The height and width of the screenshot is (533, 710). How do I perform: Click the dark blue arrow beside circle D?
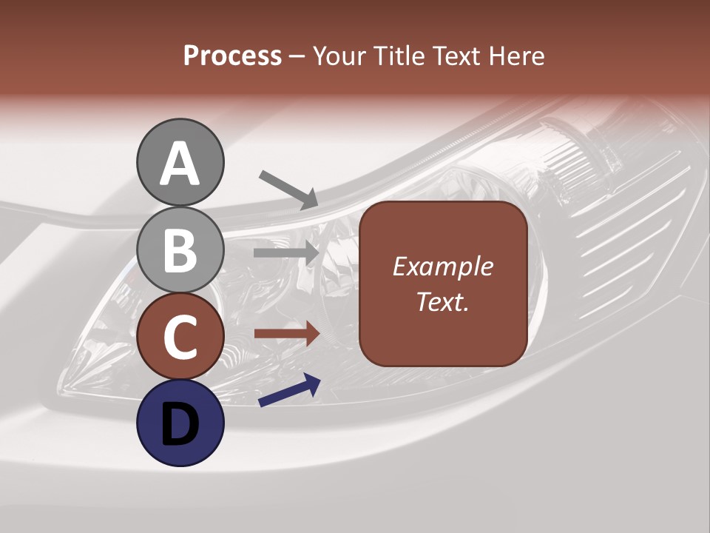(x=289, y=391)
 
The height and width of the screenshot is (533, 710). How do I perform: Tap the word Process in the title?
(x=232, y=56)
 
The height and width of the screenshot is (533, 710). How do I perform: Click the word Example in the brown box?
(x=442, y=267)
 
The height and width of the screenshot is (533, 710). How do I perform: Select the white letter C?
(x=180, y=338)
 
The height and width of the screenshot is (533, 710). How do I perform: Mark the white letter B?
(x=180, y=250)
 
